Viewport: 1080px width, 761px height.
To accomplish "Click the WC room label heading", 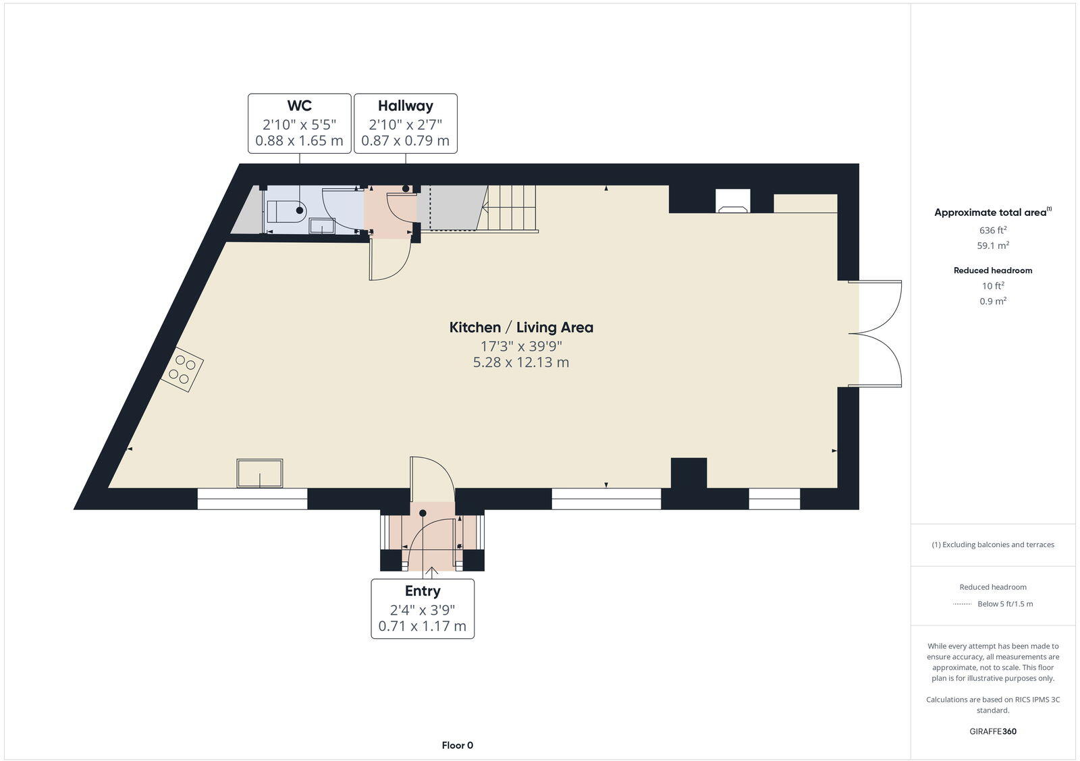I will click(x=299, y=106).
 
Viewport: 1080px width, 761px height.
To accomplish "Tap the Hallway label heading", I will click(x=405, y=106).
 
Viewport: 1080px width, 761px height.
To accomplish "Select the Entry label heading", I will click(x=423, y=591).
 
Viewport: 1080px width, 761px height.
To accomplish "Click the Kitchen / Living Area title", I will click(x=521, y=328).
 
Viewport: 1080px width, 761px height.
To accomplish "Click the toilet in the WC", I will click(x=286, y=211).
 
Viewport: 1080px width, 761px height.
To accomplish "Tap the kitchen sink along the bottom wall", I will click(x=260, y=472).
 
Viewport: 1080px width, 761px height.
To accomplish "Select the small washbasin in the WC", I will click(x=322, y=226).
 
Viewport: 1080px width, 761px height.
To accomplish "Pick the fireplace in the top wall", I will click(x=732, y=202).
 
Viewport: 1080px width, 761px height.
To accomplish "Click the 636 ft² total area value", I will click(x=993, y=230).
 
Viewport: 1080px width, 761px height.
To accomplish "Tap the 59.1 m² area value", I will click(x=993, y=246).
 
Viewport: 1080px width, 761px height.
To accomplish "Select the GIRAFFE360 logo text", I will click(x=993, y=731).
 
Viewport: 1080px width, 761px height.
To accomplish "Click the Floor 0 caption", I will click(x=457, y=745).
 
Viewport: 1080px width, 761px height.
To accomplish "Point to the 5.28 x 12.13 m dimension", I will click(x=521, y=362).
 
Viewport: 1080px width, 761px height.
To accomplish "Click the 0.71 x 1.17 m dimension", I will click(x=423, y=626).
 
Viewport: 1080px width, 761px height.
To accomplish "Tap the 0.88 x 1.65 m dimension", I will click(x=299, y=141).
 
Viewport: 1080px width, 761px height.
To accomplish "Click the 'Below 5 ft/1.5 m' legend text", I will click(x=1005, y=604).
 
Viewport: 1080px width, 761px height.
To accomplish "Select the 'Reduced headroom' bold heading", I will click(x=993, y=271).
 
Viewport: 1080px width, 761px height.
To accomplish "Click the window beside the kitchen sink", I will click(x=252, y=499).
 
